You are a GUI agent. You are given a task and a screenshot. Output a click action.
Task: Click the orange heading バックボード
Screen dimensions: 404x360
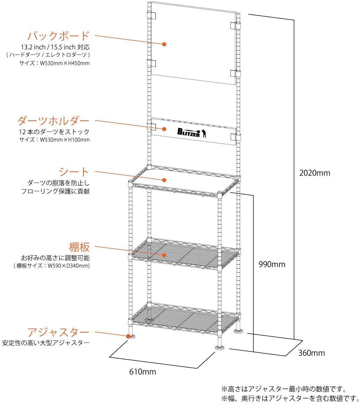pos(58,36)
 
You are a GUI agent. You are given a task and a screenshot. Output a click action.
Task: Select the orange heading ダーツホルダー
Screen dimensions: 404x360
pos(54,121)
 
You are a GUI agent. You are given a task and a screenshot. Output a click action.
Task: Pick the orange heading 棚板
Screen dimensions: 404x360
pos(80,247)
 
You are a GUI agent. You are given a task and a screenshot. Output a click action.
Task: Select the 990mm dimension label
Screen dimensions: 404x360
pos(272,264)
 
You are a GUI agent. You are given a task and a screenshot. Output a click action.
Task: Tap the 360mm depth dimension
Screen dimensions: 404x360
pos(311,353)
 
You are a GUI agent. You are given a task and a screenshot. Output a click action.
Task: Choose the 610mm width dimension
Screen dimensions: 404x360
pos(142,372)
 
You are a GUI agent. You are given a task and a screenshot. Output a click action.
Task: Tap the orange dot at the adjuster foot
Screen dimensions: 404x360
pos(129,336)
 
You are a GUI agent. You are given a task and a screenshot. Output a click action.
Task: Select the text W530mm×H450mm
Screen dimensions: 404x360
pos(64,64)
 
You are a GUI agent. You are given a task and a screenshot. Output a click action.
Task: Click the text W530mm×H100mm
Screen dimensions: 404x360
pos(64,140)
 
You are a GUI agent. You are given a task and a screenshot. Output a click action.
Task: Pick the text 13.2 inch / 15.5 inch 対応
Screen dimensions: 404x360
pos(55,47)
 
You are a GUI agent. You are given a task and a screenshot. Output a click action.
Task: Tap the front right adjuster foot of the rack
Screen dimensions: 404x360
pos(220,346)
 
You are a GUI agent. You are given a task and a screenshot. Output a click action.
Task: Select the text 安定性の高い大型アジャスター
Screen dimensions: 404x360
pos(46,343)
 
